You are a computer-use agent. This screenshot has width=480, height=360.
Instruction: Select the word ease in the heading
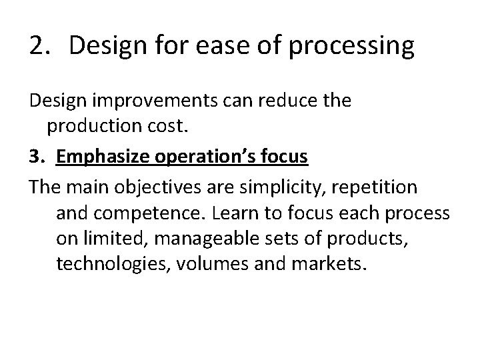(206, 46)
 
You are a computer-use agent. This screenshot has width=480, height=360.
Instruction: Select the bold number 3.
(37, 157)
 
